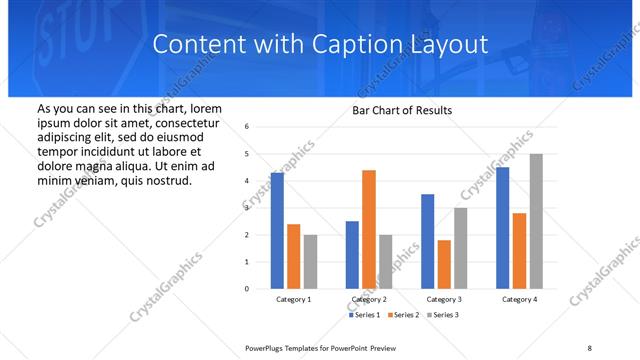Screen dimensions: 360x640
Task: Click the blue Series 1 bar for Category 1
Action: coord(277,231)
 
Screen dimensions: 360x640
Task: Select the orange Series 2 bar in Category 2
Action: coord(368,229)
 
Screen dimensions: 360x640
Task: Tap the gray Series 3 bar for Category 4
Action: coord(536,221)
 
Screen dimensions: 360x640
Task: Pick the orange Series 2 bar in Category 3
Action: coord(444,264)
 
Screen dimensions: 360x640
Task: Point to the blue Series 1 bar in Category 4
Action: coord(502,228)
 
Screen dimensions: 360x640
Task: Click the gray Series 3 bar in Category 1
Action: coord(311,262)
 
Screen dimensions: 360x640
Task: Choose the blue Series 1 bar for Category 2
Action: coord(352,255)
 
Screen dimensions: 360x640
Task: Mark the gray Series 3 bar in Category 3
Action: coord(461,248)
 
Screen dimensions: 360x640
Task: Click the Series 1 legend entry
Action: coord(364,315)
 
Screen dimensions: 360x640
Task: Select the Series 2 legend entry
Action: coord(401,315)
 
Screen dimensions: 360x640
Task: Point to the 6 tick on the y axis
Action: coord(247,127)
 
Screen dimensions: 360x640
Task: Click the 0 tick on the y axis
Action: coord(247,289)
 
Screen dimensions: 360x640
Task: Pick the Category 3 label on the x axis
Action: coord(444,299)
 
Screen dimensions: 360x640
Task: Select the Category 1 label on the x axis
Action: coord(294,299)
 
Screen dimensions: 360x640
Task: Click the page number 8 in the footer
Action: coord(590,347)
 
